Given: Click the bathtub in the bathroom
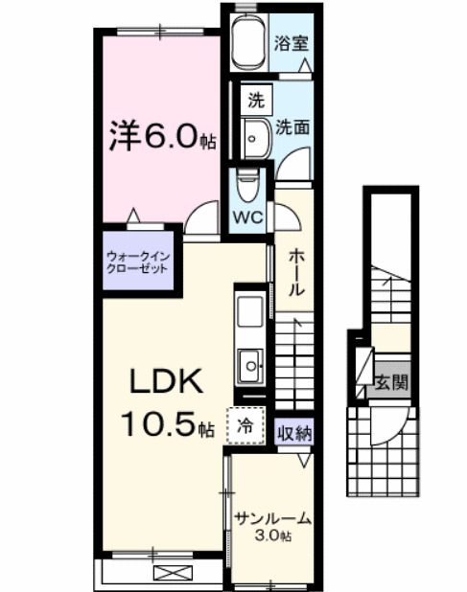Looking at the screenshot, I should coord(248,42).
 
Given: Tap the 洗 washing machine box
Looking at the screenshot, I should coord(255,99).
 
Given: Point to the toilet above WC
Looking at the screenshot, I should coord(248,182).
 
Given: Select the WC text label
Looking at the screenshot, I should coord(249,216).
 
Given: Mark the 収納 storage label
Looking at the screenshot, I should coord(294,433).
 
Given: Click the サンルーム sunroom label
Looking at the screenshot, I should coord(273,519).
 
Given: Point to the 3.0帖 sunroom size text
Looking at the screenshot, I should coord(273,535).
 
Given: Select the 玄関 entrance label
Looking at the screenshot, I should coord(390,382).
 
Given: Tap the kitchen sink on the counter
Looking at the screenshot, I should coord(251,364).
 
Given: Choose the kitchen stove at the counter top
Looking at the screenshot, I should coord(251,311).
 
